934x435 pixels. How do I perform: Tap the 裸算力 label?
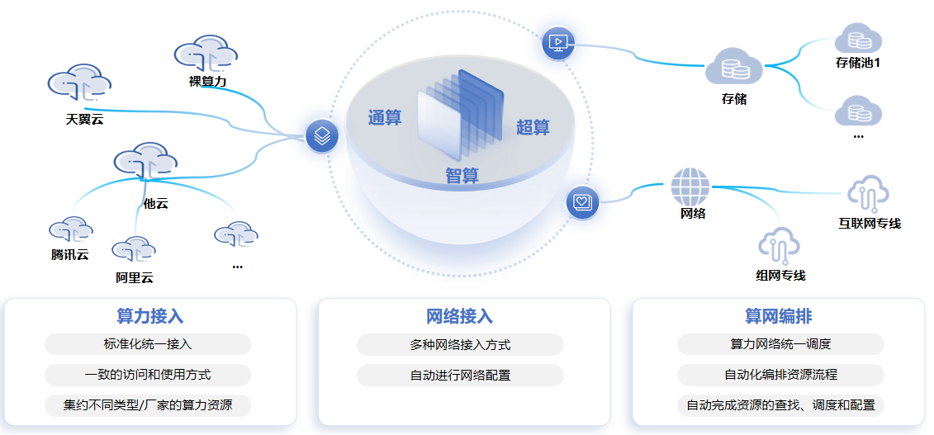[x=207, y=81]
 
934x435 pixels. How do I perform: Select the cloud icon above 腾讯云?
[x=69, y=231]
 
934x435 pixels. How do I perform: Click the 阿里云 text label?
[x=135, y=277]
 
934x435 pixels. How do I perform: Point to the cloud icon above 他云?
[x=145, y=162]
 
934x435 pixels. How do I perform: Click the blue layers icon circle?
[x=322, y=135]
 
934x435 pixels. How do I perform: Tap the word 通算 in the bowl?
[x=385, y=117]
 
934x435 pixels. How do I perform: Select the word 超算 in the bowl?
[x=533, y=127]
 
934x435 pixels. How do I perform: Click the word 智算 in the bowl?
[x=462, y=176]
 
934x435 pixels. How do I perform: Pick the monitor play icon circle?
[x=558, y=43]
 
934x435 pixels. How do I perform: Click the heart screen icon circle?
[x=583, y=202]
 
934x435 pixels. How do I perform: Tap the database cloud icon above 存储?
[x=733, y=66]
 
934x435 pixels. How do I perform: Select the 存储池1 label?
[x=857, y=62]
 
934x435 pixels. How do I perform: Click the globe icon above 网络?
[x=690, y=187]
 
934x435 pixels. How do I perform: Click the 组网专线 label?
[x=780, y=275]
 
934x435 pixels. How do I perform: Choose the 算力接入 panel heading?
[x=150, y=317]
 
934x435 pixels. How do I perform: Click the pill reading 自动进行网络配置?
[x=460, y=376]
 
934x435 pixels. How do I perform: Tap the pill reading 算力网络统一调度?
[x=780, y=344]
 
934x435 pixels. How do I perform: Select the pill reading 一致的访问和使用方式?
[x=148, y=375]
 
